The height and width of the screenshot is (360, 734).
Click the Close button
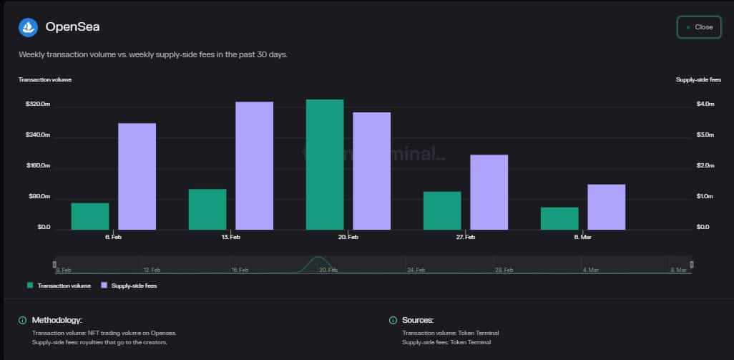tap(699, 27)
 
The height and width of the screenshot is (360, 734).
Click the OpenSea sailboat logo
tap(28, 27)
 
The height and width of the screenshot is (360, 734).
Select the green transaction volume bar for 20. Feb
tap(325, 165)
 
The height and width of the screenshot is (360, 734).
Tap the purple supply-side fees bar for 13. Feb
tap(254, 165)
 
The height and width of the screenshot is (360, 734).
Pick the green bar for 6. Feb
tap(90, 216)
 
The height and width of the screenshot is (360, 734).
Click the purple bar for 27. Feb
tap(489, 192)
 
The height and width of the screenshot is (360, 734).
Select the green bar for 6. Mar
tap(559, 218)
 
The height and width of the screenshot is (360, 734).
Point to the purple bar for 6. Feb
tap(137, 176)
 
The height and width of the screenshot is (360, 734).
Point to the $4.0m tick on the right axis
tap(705, 104)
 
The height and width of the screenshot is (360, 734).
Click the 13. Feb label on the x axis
tap(230, 237)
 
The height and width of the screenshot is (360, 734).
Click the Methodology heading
tap(57, 320)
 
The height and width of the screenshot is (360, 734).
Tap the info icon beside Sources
tap(393, 320)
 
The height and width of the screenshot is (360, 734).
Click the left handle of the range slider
tap(56, 265)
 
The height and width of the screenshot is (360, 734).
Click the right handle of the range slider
tap(691, 265)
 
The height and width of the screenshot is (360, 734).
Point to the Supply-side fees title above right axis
tap(698, 79)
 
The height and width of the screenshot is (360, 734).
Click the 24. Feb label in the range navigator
tap(416, 270)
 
